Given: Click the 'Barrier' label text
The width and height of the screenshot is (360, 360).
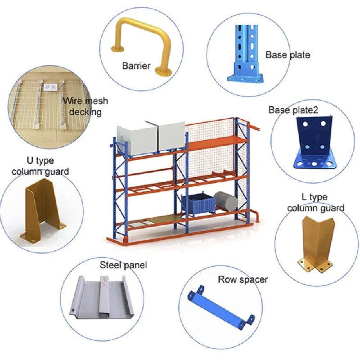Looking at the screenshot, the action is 136,66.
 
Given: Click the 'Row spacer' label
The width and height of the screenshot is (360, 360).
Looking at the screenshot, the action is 243,279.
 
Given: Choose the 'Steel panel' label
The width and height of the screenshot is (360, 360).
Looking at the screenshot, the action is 123,265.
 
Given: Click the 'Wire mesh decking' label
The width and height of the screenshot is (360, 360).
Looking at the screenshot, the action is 85,106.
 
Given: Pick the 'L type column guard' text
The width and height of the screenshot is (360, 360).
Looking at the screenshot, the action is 315,202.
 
